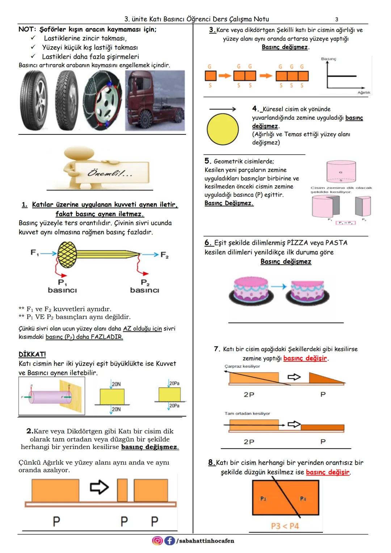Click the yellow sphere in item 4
[x=223, y=129]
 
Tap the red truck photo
[x=155, y=100]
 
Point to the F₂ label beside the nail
[x=165, y=255]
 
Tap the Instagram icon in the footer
[x=157, y=541]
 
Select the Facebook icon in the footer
[x=169, y=541]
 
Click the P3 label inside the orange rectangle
[x=263, y=499]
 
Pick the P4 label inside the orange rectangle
[x=303, y=499]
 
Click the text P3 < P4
[x=285, y=525]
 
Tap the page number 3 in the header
[x=337, y=19]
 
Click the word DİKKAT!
[x=32, y=354]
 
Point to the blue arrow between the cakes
[x=278, y=286]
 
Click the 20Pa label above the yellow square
[x=174, y=383]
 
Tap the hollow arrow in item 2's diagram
[x=99, y=487]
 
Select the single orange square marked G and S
[x=210, y=76]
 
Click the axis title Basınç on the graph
[x=328, y=59]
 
